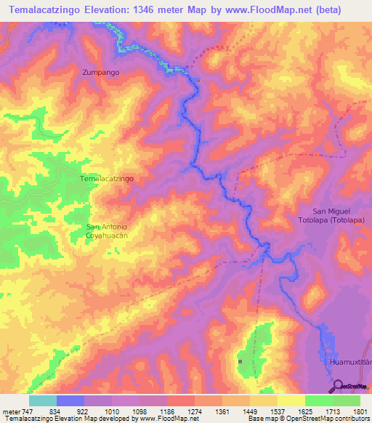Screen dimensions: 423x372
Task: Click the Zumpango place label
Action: [x=101, y=73]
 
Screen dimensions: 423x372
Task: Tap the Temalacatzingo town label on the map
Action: [x=106, y=178]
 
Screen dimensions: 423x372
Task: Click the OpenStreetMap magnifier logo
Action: [x=338, y=385]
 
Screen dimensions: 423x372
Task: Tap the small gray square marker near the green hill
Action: [x=240, y=360]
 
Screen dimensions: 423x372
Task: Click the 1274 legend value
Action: [x=193, y=411]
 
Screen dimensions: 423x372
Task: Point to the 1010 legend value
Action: [x=111, y=411]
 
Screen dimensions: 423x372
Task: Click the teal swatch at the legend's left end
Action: [x=42, y=400]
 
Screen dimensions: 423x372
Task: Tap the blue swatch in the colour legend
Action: [x=70, y=400]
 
